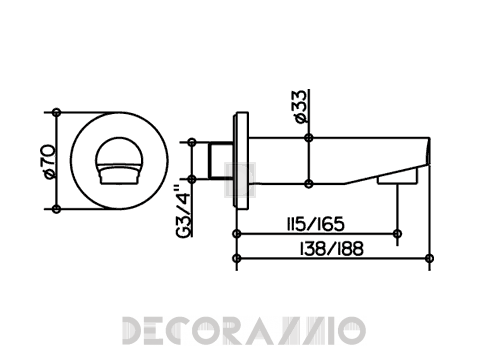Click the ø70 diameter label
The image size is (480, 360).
(49, 161)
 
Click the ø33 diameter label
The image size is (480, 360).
(300, 106)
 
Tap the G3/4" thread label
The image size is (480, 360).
(184, 211)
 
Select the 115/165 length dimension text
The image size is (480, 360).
(315, 224)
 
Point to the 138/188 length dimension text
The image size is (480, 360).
(331, 249)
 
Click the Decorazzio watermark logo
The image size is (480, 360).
(244, 331)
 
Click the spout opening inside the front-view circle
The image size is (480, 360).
(119, 160)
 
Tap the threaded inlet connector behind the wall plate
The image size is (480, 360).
(221, 161)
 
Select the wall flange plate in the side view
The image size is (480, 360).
(242, 161)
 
